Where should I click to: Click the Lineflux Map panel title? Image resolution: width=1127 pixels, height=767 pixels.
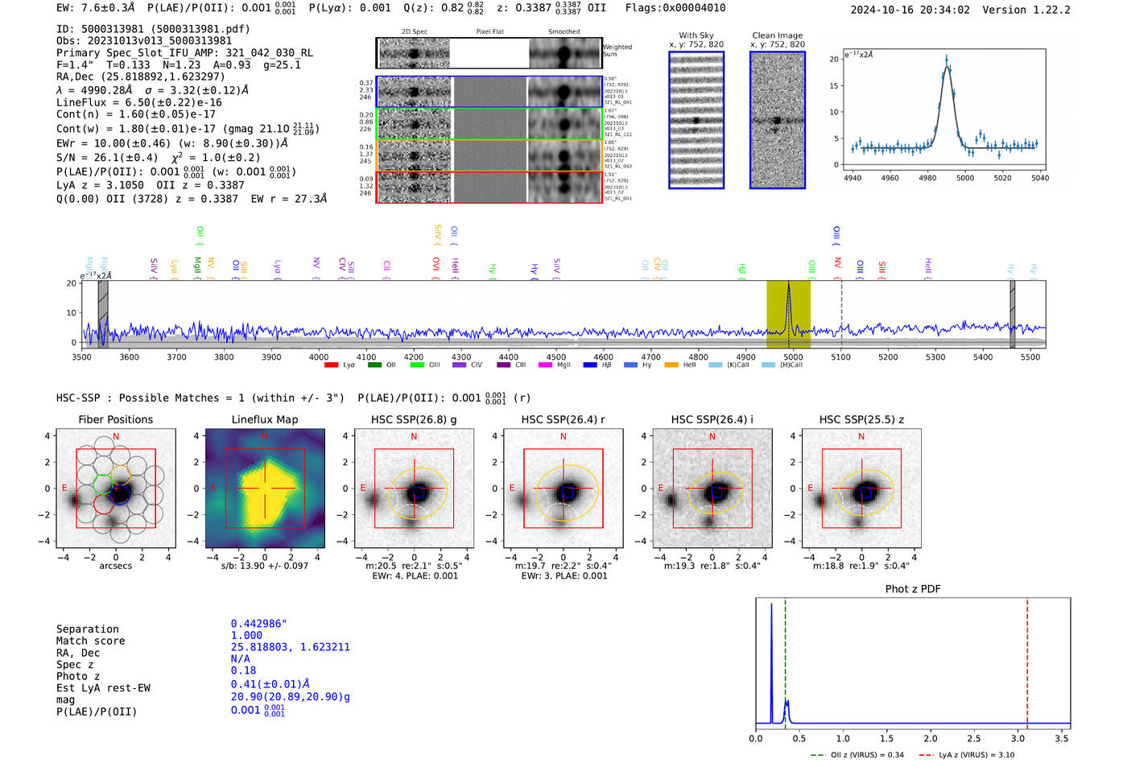pyautogui.click(x=264, y=419)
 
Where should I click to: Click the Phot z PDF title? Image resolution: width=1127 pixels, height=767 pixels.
pyautogui.click(x=913, y=588)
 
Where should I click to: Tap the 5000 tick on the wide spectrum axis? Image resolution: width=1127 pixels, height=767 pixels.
pyautogui.click(x=793, y=357)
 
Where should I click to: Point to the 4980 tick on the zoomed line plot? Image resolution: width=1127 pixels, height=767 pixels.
pyautogui.click(x=927, y=177)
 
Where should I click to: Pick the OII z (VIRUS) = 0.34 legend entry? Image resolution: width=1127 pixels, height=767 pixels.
pyautogui.click(x=858, y=755)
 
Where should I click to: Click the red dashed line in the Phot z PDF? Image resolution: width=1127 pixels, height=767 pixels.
pyautogui.click(x=1027, y=660)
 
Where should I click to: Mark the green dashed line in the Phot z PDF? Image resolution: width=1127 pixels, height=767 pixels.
pyautogui.click(x=785, y=660)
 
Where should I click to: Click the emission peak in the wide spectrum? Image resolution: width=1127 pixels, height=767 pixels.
pyautogui.click(x=789, y=285)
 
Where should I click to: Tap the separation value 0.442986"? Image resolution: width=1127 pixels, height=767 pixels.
pyautogui.click(x=258, y=624)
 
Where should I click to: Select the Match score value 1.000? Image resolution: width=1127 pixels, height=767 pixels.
pyautogui.click(x=246, y=635)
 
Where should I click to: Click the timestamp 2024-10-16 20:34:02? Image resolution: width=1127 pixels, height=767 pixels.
pyautogui.click(x=910, y=10)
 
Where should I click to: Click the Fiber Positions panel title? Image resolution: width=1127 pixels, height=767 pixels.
pyautogui.click(x=115, y=419)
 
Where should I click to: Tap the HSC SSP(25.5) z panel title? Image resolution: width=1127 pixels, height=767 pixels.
pyautogui.click(x=861, y=419)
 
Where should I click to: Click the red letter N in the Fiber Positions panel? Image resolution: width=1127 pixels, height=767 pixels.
pyautogui.click(x=116, y=437)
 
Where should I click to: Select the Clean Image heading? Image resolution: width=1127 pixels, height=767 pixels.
pyautogui.click(x=777, y=35)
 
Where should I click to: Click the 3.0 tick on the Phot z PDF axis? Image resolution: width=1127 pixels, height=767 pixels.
pyautogui.click(x=1018, y=738)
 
